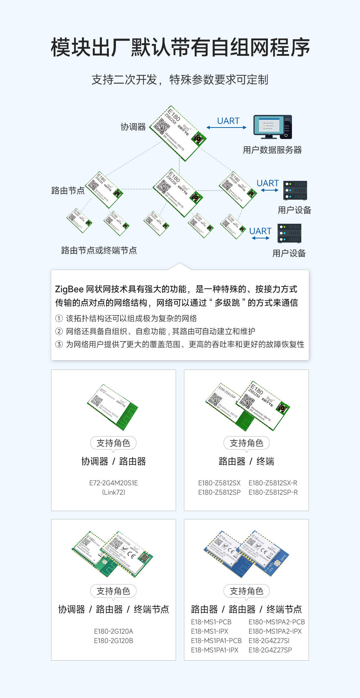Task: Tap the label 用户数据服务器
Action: tap(272, 150)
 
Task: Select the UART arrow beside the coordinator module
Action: tap(227, 127)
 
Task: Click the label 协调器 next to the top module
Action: tap(133, 127)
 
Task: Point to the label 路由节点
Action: tap(68, 191)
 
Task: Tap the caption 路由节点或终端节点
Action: tap(99, 250)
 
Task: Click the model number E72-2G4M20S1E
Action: tap(113, 483)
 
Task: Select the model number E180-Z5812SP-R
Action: tap(273, 492)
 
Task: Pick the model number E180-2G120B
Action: tap(113, 641)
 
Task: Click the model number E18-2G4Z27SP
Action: tap(270, 650)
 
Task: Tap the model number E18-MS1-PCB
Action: tap(211, 622)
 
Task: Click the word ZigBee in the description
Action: tap(69, 289)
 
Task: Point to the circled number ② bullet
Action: tap(59, 331)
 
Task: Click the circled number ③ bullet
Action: tap(59, 344)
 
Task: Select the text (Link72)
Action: tap(113, 492)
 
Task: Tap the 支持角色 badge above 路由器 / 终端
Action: tap(247, 443)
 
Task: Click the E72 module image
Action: tap(113, 407)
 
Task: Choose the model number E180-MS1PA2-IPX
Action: tap(275, 631)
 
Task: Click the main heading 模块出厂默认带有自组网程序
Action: tap(180, 48)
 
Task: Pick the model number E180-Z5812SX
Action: tap(219, 483)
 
